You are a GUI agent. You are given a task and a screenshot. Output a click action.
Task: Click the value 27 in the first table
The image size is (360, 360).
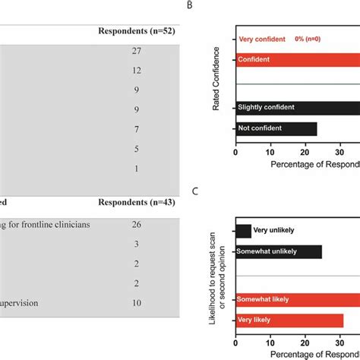click(136, 50)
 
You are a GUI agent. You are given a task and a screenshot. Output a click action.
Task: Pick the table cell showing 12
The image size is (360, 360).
click(136, 70)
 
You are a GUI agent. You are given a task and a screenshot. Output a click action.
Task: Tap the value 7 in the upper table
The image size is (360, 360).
click(136, 129)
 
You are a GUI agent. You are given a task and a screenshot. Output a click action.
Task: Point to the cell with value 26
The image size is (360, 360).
click(136, 224)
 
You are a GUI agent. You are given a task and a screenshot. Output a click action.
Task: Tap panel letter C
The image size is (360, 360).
click(195, 191)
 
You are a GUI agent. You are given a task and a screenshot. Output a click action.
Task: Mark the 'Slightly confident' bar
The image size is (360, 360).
click(296, 107)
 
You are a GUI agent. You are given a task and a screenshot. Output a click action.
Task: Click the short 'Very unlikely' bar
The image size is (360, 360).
click(243, 231)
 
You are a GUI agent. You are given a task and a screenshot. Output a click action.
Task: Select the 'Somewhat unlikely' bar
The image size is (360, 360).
click(278, 251)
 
